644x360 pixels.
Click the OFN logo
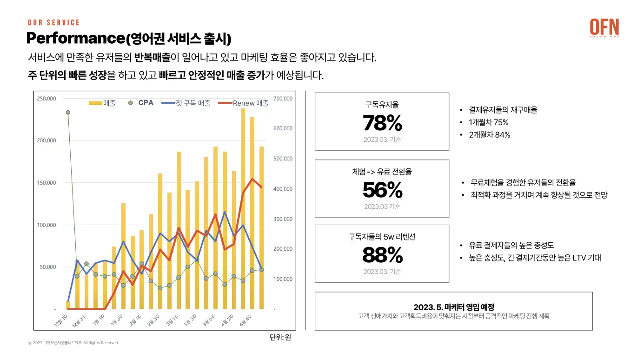(x=604, y=27)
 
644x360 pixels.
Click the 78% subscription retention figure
(x=382, y=123)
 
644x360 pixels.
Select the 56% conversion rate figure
(x=382, y=190)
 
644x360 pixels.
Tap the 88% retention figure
(x=382, y=255)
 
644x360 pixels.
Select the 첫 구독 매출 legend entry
(x=187, y=103)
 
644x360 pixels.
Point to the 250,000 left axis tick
(x=46, y=99)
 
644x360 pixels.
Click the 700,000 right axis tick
(x=283, y=99)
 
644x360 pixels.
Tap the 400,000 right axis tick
(x=283, y=189)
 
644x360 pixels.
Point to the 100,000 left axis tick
(x=46, y=225)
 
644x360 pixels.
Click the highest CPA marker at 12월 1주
(x=68, y=113)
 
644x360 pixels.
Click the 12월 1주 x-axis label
(x=60, y=320)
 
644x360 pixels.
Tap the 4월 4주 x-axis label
(x=246, y=320)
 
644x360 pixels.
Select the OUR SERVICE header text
(x=53, y=22)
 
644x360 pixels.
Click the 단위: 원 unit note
(x=280, y=337)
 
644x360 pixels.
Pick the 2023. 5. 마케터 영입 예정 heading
(x=453, y=307)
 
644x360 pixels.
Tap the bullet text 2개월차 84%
(x=490, y=135)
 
